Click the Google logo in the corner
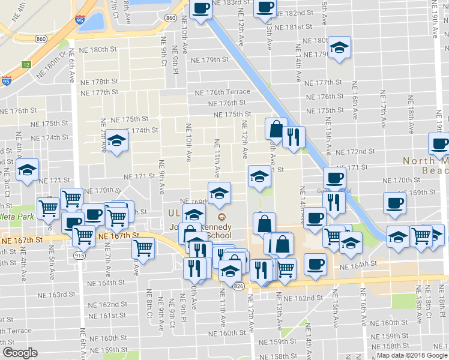tap(19, 353)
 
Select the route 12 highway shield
tap(25, 64)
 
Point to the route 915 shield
tap(79, 254)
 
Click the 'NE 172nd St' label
tap(355, 153)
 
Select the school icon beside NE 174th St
tap(118, 140)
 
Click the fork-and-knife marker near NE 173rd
tap(294, 136)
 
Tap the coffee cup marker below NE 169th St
tap(394, 203)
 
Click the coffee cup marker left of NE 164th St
tap(315, 263)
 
